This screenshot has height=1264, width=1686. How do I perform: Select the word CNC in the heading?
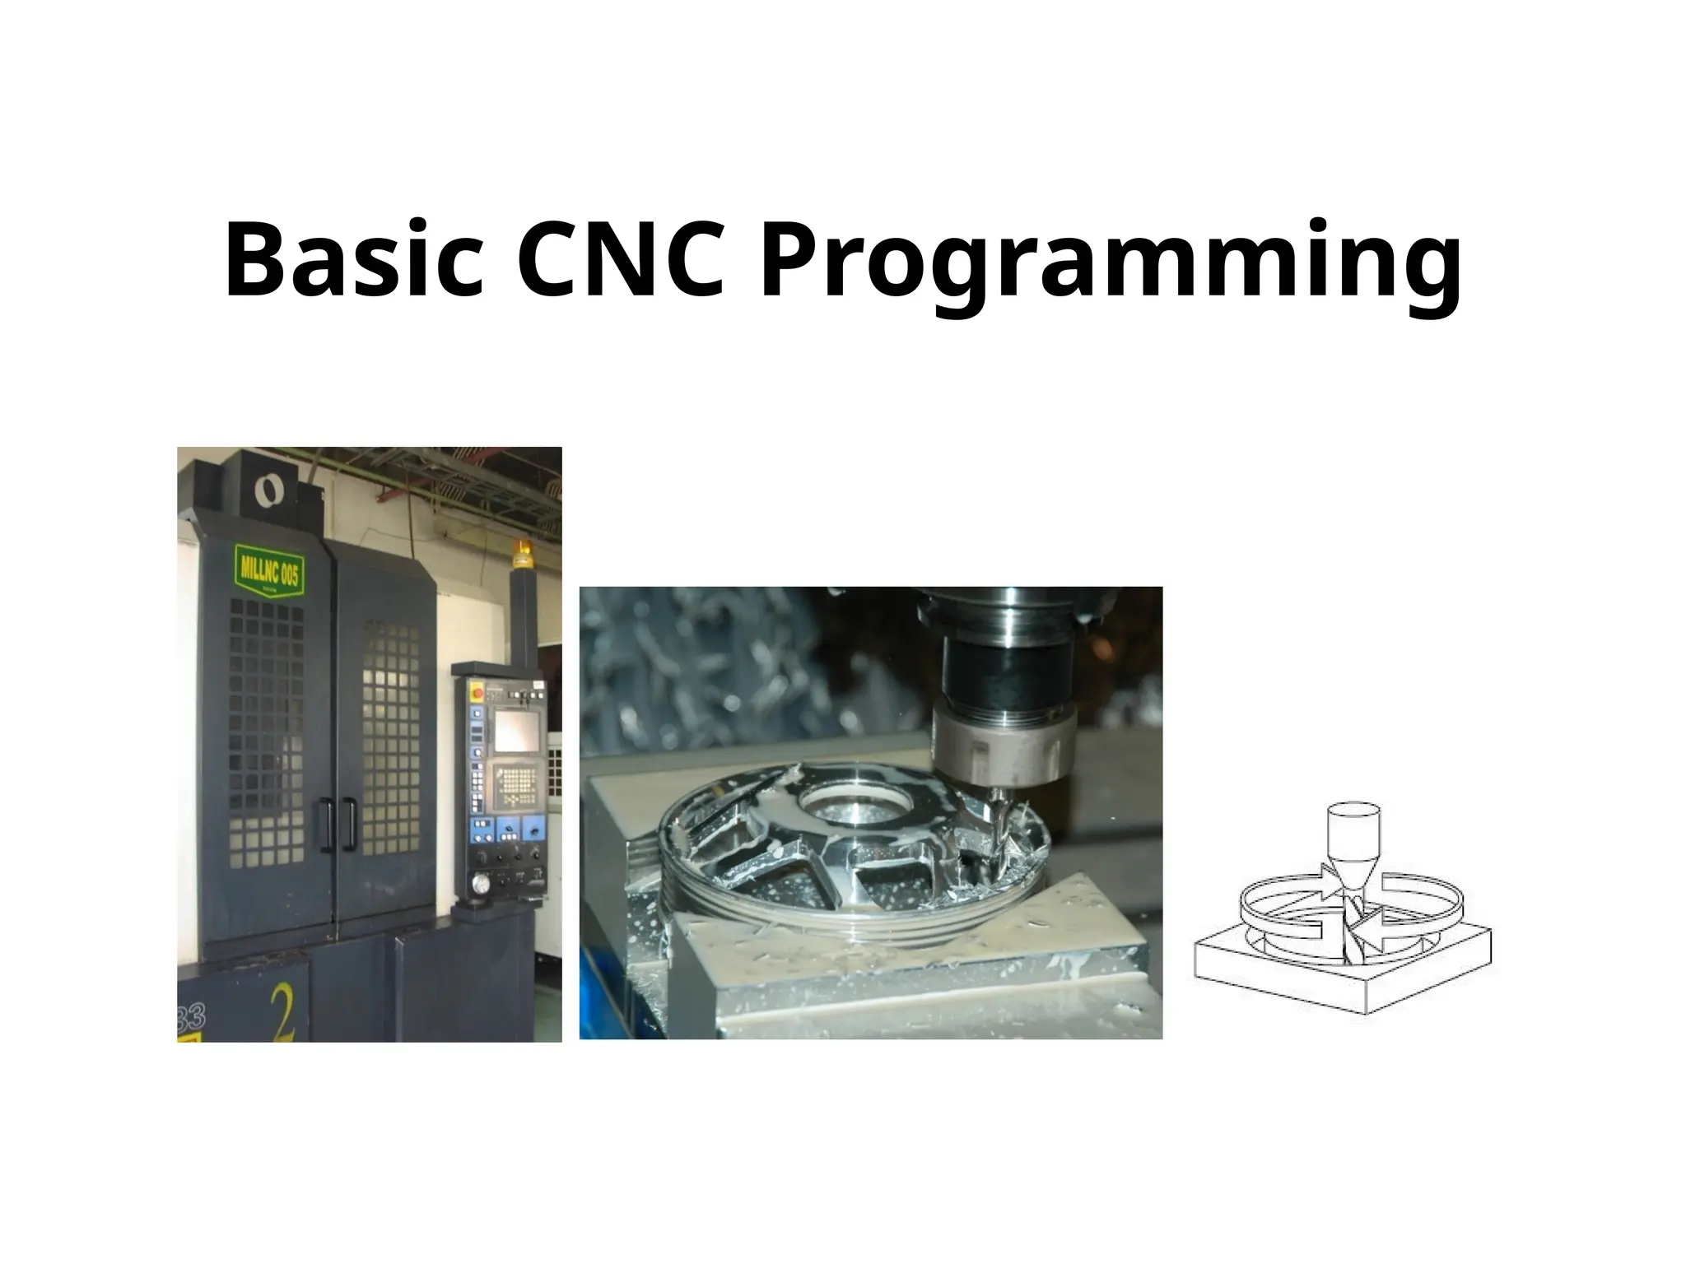click(621, 260)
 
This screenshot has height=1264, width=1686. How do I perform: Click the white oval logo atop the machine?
click(267, 492)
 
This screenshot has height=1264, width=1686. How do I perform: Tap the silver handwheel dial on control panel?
click(479, 884)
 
